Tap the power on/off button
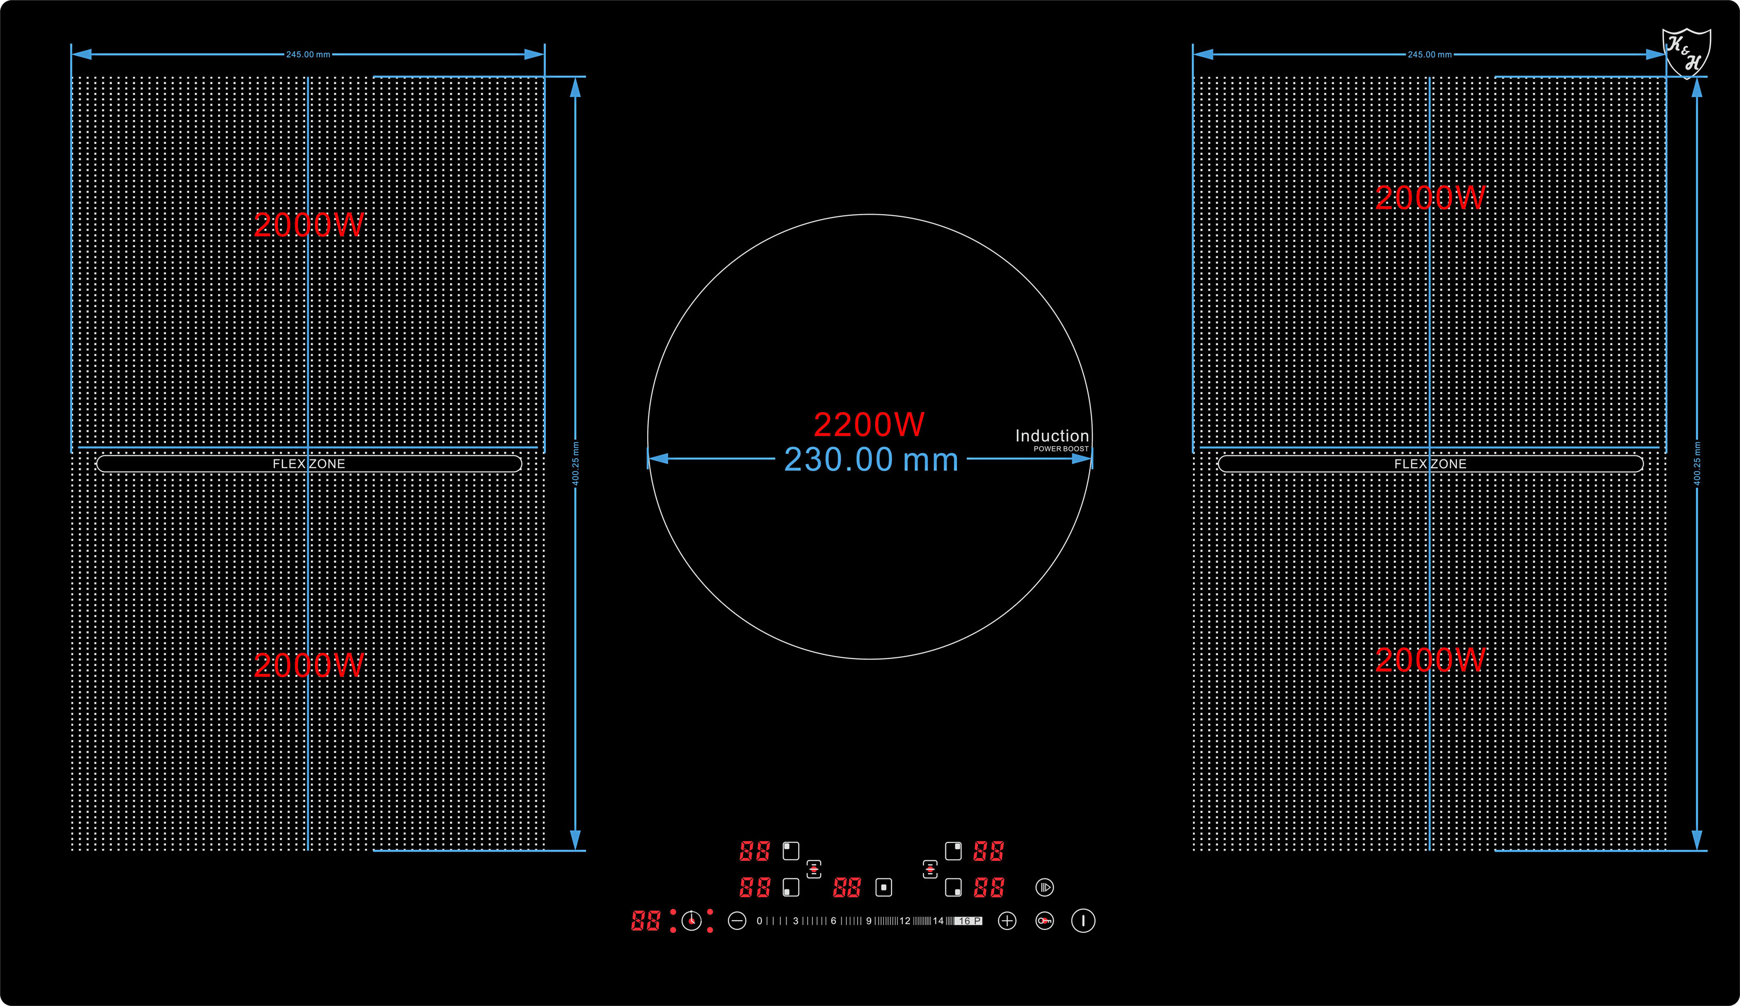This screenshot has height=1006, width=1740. click(1083, 920)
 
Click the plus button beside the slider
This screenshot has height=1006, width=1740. click(1007, 920)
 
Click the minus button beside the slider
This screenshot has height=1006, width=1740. click(737, 920)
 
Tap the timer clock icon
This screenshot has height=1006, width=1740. click(691, 920)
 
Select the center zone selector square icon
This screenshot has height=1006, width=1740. click(884, 887)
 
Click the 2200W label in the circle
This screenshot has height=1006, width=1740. click(869, 424)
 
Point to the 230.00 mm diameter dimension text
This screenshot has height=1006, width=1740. click(871, 459)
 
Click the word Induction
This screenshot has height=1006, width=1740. click(1052, 436)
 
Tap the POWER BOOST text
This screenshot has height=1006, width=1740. click(1061, 449)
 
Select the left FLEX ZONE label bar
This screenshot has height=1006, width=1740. click(309, 464)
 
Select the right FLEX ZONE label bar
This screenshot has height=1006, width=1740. click(1430, 464)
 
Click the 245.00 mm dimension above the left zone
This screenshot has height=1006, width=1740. click(308, 55)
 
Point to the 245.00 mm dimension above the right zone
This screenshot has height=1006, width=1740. click(1429, 55)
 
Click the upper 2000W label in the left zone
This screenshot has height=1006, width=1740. click(309, 225)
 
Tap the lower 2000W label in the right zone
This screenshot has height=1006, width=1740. click(1430, 660)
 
